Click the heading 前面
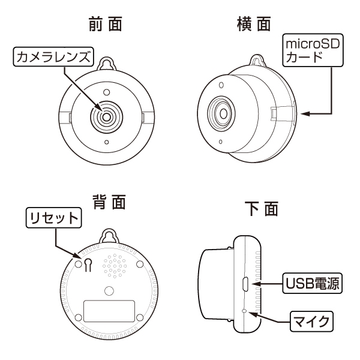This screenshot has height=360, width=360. click(106, 25)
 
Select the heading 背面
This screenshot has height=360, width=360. click(108, 203)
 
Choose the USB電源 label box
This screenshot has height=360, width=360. click(313, 283)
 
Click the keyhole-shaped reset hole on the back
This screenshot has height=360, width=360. click(88, 265)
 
